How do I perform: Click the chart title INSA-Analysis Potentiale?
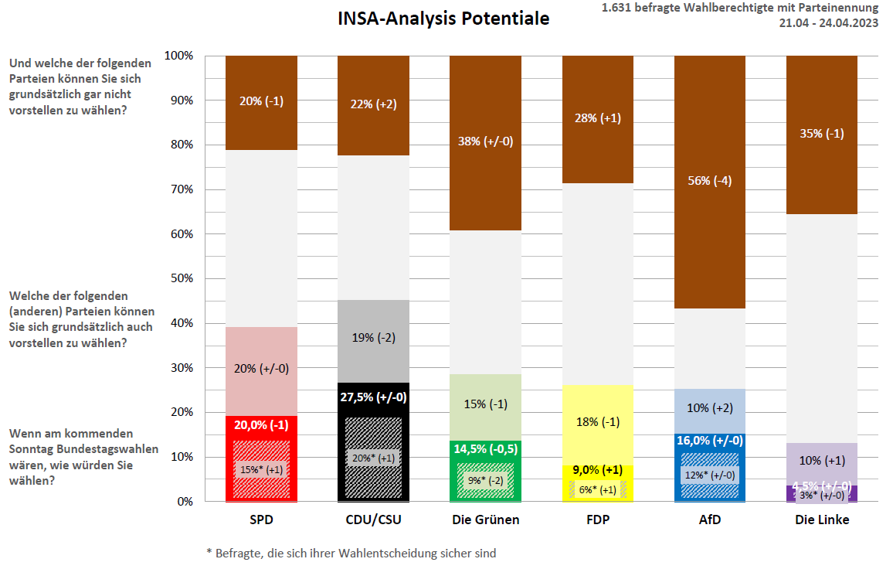click(x=443, y=19)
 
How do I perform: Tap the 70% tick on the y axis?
click(x=178, y=189)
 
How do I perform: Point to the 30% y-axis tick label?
click(x=178, y=368)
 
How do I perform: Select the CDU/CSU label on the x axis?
click(x=373, y=520)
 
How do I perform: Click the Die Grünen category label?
click(x=486, y=520)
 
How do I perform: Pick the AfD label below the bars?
click(x=709, y=520)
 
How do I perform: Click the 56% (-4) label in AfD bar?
click(x=709, y=181)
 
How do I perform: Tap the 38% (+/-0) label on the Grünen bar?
click(x=485, y=141)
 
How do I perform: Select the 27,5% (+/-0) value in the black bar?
click(x=373, y=397)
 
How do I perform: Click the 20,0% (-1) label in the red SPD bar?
click(x=261, y=424)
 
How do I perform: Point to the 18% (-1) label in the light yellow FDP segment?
click(x=597, y=422)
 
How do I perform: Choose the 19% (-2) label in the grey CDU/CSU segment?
click(x=373, y=338)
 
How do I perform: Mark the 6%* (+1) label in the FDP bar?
click(x=597, y=489)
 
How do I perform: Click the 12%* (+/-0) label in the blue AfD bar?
click(x=709, y=475)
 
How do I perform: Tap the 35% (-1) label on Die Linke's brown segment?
click(x=821, y=133)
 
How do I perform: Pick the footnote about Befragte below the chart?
click(x=351, y=554)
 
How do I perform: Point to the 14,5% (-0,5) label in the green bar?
click(x=485, y=448)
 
